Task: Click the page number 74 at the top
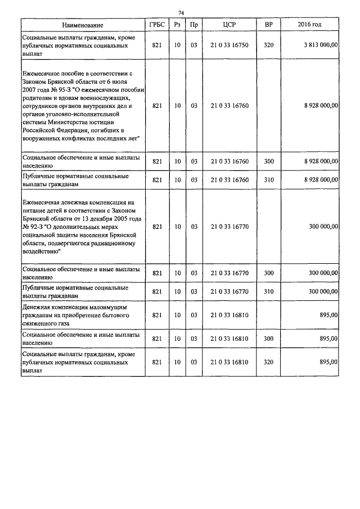click(181, 13)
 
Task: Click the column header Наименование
click(83, 26)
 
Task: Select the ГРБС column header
click(157, 26)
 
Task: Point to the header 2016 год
click(309, 26)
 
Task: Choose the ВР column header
click(268, 26)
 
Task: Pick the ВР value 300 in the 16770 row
click(268, 273)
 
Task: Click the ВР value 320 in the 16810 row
click(268, 363)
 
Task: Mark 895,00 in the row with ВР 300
click(328, 339)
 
